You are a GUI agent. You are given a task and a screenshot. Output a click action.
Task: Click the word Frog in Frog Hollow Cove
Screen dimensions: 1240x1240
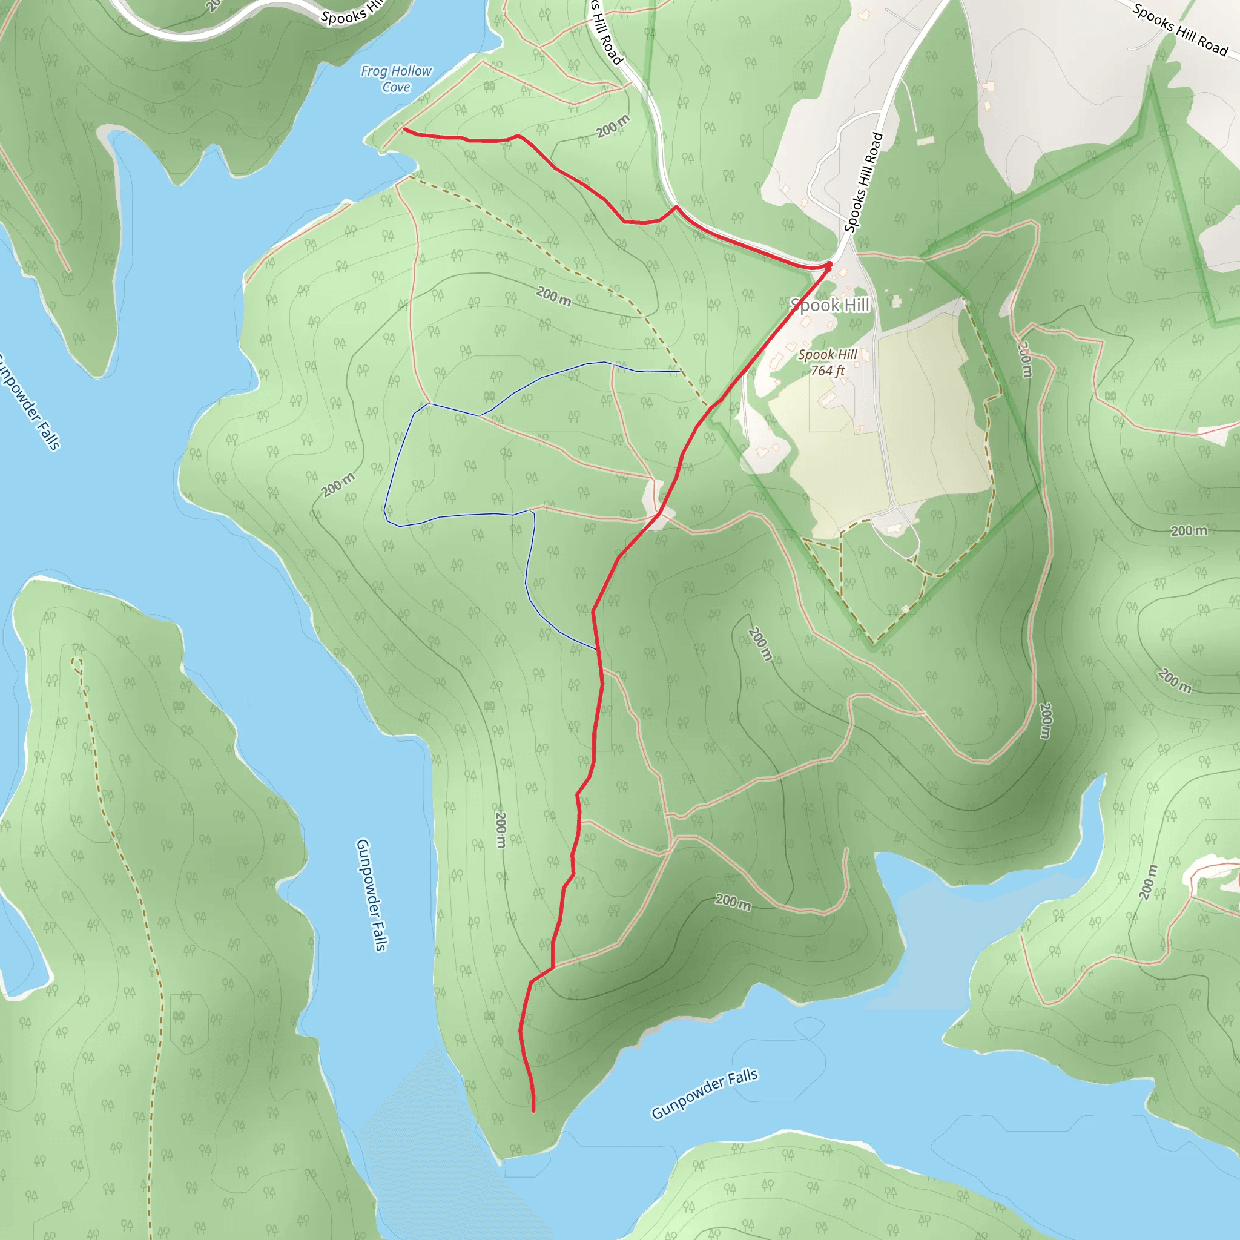click(x=373, y=71)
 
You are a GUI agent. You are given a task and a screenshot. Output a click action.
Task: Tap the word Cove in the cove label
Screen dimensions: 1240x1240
click(x=396, y=87)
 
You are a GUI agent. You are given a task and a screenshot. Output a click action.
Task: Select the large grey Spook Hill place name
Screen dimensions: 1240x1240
click(x=829, y=305)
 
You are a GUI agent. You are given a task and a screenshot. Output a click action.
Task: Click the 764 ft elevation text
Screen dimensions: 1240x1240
click(x=827, y=371)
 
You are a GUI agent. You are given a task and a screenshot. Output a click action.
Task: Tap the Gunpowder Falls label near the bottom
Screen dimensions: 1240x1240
click(x=704, y=1093)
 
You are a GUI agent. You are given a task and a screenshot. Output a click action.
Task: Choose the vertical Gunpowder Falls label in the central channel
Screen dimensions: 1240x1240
click(x=372, y=895)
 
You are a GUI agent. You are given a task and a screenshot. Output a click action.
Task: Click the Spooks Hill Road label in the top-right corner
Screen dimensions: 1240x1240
click(x=1179, y=30)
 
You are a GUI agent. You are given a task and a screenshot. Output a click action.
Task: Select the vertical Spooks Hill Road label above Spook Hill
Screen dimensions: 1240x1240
click(x=863, y=182)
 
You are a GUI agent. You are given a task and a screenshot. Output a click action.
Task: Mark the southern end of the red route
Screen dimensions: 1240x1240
click(x=533, y=1110)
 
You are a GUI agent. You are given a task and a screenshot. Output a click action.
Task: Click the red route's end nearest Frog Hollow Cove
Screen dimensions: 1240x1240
click(x=404, y=129)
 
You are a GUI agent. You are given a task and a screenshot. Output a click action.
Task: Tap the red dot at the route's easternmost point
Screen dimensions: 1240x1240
click(x=829, y=265)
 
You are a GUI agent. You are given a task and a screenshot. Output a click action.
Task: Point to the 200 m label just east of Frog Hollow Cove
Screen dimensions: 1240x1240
click(x=613, y=127)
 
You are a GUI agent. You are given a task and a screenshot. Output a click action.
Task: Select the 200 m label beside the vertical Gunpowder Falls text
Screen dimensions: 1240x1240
click(x=501, y=829)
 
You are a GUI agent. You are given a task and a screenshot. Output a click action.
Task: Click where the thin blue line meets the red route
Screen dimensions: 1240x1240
click(x=598, y=650)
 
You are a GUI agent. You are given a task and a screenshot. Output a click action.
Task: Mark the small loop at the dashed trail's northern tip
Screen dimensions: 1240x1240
click(x=76, y=662)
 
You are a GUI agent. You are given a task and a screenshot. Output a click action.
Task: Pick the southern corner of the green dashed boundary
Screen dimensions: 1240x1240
click(x=873, y=642)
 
